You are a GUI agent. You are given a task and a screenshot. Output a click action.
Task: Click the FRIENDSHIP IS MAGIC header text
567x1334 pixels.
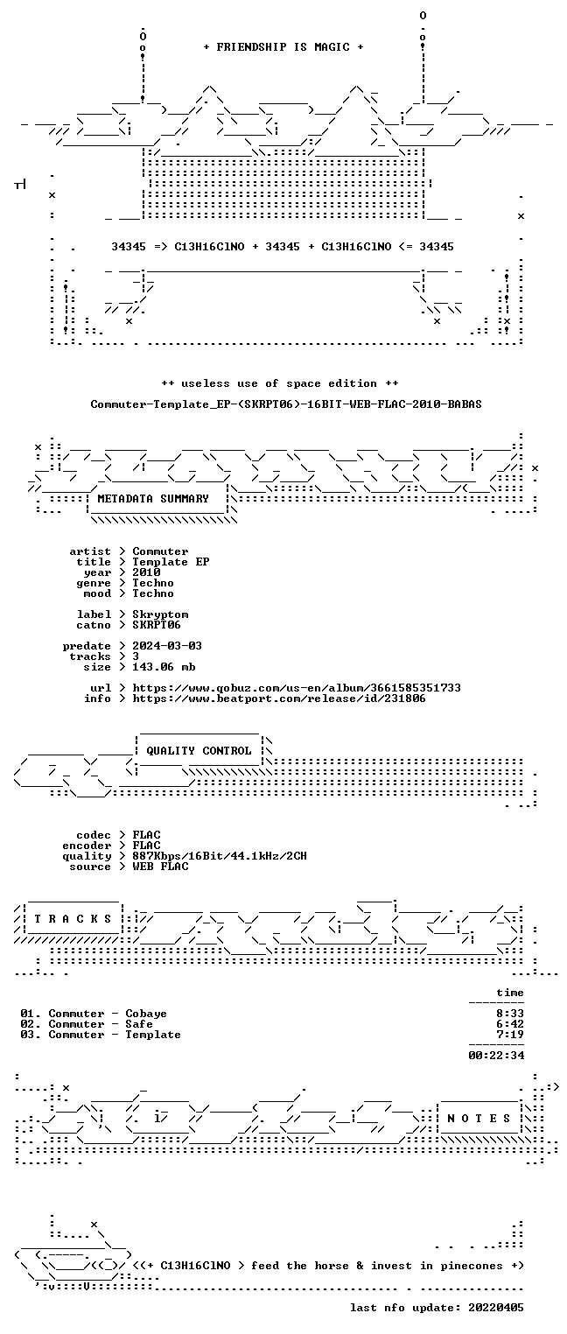pos(283,47)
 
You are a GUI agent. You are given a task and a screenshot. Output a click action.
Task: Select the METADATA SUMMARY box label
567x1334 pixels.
pos(153,498)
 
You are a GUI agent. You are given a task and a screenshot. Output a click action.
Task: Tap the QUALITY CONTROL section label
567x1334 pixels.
pos(199,750)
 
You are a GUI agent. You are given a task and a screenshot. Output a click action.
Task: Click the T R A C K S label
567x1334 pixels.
pos(73,919)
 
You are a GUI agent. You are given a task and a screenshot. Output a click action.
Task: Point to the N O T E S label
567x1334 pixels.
pos(479,1119)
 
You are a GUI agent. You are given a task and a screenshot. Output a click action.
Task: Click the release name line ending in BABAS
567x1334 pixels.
pos(286,404)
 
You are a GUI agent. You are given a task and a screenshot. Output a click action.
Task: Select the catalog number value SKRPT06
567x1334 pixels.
pos(157,625)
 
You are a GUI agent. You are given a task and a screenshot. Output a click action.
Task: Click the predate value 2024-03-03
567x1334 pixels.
pos(167,646)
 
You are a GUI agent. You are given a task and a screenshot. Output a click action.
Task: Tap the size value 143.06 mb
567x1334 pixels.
pos(164,667)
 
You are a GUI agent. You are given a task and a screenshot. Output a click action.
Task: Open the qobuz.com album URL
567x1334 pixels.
pos(297,688)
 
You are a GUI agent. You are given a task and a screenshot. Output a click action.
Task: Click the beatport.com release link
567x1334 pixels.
pos(279,699)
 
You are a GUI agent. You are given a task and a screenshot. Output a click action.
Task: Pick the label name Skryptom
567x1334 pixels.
pos(160,614)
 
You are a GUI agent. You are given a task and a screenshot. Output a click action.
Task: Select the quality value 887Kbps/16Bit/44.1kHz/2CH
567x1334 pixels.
pos(219,856)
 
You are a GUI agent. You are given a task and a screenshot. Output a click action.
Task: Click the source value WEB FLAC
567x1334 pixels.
pos(160,867)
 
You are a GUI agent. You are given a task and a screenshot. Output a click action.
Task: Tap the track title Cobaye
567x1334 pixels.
pos(146,1014)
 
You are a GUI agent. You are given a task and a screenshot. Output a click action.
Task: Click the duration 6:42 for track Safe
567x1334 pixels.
pos(510,1024)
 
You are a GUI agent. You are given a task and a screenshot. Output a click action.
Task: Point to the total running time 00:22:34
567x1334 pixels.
pos(496,1056)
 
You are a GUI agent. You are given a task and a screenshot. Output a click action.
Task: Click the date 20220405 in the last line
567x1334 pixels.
pos(496,1307)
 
